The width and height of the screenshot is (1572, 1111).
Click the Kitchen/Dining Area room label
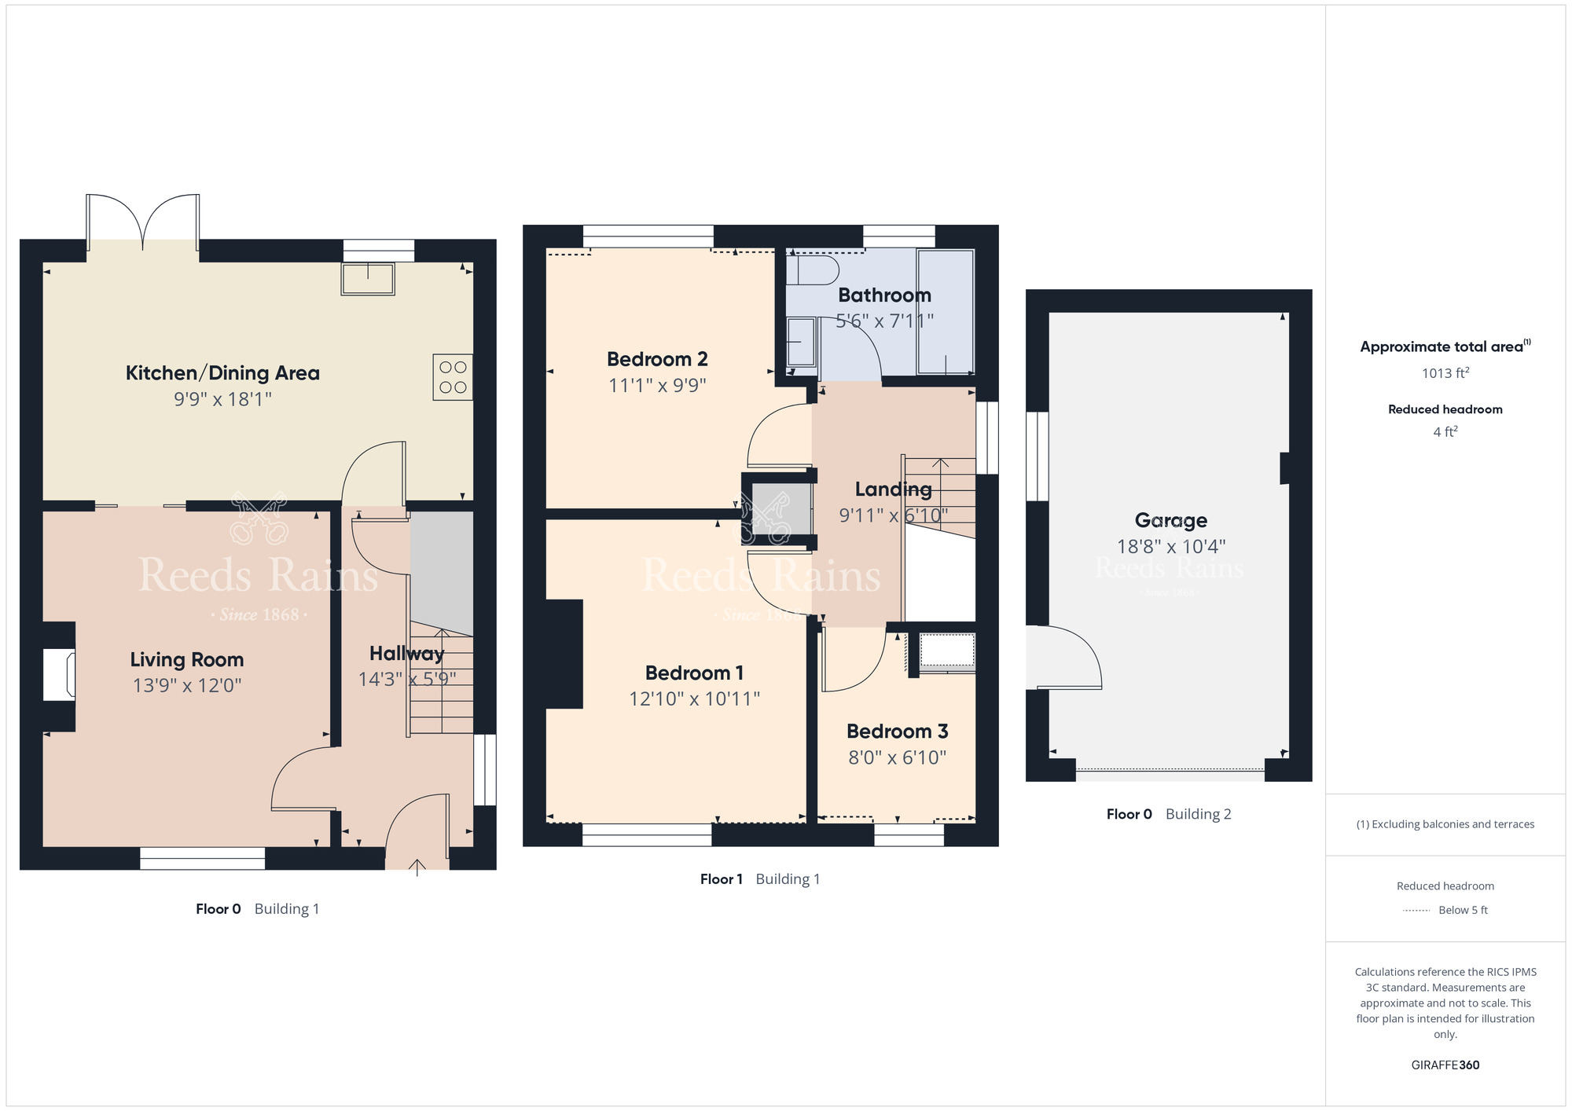click(222, 372)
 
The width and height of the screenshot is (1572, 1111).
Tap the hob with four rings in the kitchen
click(453, 377)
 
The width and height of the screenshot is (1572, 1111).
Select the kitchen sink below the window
click(368, 279)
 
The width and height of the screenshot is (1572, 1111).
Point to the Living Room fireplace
click(59, 674)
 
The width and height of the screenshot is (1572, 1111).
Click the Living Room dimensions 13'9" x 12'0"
click(187, 685)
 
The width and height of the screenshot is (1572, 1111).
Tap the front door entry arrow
click(417, 867)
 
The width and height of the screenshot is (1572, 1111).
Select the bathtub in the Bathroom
click(946, 312)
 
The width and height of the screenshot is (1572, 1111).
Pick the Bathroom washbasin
click(801, 342)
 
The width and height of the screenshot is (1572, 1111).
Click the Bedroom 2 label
click(657, 359)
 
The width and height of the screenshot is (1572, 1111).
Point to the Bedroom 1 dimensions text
click(694, 698)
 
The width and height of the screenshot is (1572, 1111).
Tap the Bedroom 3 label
click(897, 731)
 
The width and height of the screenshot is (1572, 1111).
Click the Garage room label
click(1170, 520)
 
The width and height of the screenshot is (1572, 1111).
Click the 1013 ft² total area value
click(1445, 372)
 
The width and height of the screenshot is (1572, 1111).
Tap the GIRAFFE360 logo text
click(1445, 1065)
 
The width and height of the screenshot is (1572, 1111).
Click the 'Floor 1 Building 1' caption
click(760, 879)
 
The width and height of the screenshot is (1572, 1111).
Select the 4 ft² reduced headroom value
click(1445, 431)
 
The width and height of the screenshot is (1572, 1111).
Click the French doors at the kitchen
click(142, 223)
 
